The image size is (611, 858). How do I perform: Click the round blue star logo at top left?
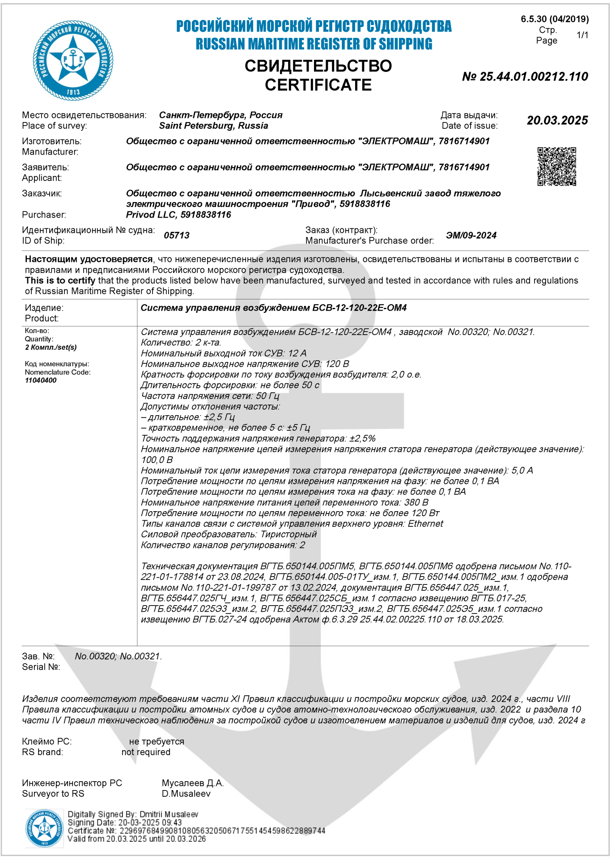(73, 60)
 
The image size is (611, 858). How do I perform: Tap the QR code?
(556, 166)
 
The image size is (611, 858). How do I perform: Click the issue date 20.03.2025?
(557, 120)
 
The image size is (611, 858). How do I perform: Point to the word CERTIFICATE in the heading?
(318, 85)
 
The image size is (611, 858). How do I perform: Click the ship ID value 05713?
(177, 236)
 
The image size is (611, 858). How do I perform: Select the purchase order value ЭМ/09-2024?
(471, 236)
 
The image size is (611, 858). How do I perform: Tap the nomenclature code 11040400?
(41, 380)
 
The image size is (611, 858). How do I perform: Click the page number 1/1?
(582, 35)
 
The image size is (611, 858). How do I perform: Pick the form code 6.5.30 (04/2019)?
(555, 19)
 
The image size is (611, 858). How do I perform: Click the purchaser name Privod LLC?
(178, 214)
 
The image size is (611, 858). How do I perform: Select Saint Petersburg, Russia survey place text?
(213, 126)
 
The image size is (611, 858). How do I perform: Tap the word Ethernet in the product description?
(425, 524)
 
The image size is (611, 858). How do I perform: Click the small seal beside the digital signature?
(44, 828)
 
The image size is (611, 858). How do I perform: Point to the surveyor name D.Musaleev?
(186, 794)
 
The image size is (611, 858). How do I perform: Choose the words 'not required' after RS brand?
(146, 752)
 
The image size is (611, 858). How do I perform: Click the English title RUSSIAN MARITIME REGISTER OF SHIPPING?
(314, 44)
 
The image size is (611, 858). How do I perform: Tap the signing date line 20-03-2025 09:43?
(125, 823)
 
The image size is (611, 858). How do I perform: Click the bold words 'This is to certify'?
(60, 281)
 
